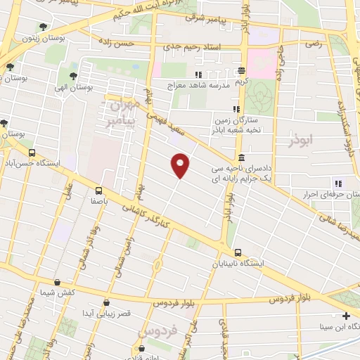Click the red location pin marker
[181, 165]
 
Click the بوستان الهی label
[93, 88]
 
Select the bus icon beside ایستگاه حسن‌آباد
[31, 153]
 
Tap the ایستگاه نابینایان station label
[238, 264]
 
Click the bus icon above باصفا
[98, 189]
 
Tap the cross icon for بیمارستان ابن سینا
[346, 316]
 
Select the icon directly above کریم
[241, 70]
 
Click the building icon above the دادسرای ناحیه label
[241, 157]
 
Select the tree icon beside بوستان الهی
[74, 75]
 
